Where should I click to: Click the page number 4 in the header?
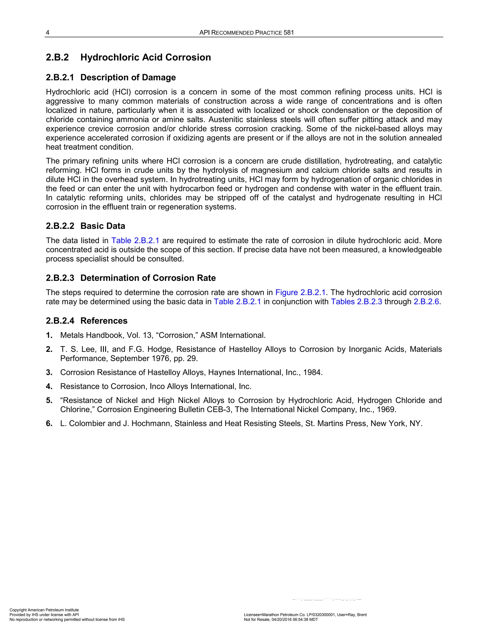[x=48, y=33]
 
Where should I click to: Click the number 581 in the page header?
[x=289, y=33]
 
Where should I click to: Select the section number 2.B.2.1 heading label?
[x=60, y=78]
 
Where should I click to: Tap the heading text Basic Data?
[x=103, y=226]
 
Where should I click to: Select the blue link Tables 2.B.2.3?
[x=356, y=302]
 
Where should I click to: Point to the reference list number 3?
[x=49, y=373]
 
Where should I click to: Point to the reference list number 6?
[x=49, y=424]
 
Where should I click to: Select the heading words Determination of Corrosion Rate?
[x=148, y=278]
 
